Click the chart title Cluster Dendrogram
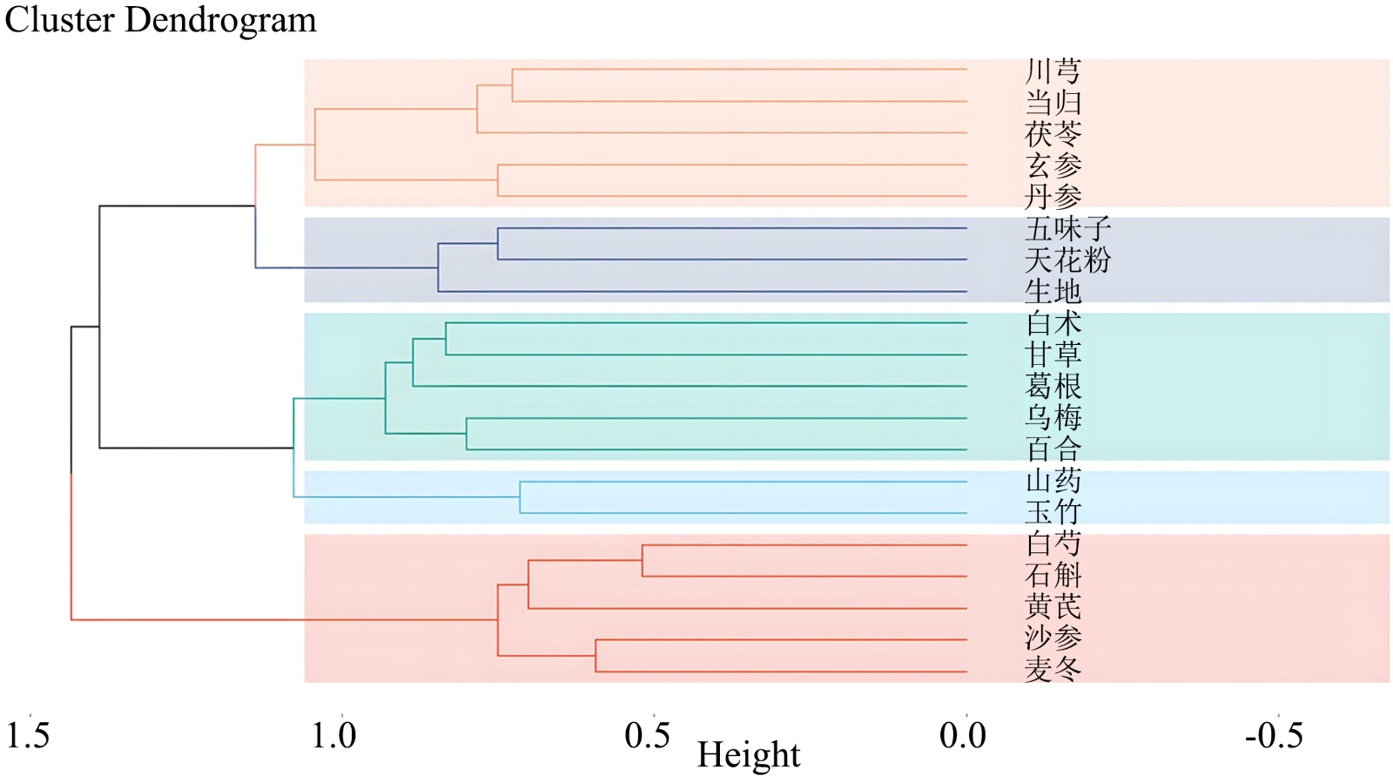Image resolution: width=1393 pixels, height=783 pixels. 161,20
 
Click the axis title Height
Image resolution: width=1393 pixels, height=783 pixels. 748,754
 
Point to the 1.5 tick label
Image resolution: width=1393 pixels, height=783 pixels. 28,736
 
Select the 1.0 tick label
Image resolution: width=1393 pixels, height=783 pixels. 334,736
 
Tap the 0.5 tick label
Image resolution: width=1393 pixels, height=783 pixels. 648,736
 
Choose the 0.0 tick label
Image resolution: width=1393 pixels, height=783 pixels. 962,736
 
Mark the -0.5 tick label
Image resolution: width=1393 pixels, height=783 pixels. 1274,736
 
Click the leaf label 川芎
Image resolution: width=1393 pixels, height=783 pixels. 1053,71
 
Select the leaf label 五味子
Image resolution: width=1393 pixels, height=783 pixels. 1068,229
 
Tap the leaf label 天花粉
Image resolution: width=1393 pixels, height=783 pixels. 1068,260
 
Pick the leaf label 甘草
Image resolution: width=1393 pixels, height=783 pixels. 1053,354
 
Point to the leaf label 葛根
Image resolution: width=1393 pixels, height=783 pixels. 1053,386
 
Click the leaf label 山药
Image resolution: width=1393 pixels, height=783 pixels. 1053,481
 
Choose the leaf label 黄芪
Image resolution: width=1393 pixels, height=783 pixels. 1053,606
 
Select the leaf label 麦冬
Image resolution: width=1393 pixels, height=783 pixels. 1053,669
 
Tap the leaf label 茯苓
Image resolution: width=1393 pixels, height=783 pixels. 1053,134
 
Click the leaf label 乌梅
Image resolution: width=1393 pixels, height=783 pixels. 1053,417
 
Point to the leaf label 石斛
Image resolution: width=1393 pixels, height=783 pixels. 1053,575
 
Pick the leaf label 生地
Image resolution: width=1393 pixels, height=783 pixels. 1053,291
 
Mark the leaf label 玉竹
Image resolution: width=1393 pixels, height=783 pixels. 1053,511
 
